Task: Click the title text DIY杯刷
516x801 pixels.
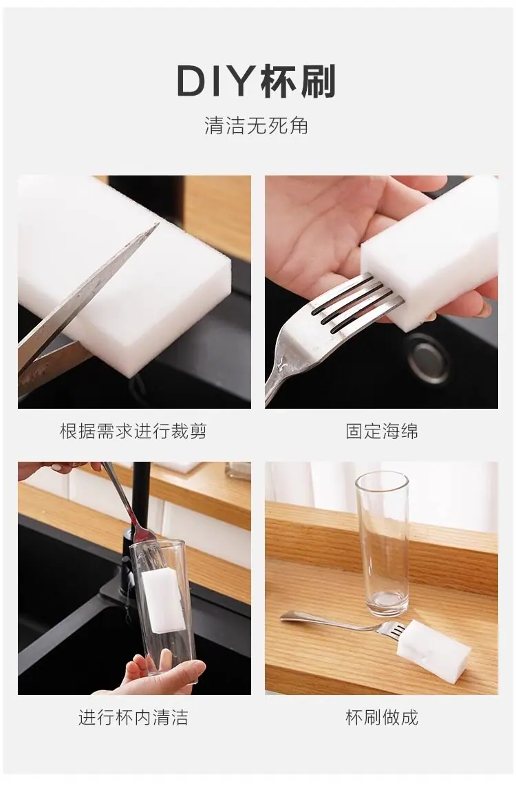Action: click(256, 81)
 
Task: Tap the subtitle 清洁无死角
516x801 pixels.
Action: click(257, 126)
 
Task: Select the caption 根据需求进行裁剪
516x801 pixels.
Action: click(133, 431)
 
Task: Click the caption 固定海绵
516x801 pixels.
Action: click(382, 431)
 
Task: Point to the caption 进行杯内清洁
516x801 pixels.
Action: click(133, 717)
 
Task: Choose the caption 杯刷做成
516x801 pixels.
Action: click(382, 717)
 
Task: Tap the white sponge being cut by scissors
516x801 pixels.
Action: click(122, 266)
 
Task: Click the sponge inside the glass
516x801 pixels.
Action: click(162, 601)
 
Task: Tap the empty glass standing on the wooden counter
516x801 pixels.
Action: click(382, 545)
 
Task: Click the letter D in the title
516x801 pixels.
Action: click(191, 82)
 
